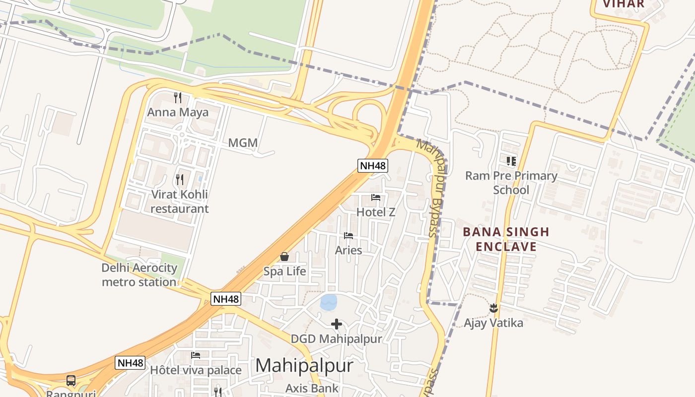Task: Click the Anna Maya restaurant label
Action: [178, 112]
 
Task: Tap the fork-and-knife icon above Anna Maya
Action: [178, 97]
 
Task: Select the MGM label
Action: [243, 143]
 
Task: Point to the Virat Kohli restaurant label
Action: [179, 201]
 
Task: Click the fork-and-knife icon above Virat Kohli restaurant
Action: [180, 179]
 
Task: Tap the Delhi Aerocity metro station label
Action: [139, 275]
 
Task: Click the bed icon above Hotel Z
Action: [376, 198]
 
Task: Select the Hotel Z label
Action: [376, 212]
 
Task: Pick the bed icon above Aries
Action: [348, 236]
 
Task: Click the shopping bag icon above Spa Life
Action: [284, 257]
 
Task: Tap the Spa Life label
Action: [284, 271]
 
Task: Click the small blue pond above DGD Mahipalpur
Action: [329, 302]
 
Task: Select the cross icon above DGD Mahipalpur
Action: [337, 325]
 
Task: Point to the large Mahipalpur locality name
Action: [304, 366]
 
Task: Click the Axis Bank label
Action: [312, 388]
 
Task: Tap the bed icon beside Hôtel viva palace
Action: [196, 355]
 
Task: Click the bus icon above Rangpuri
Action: [71, 381]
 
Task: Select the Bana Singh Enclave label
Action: [506, 239]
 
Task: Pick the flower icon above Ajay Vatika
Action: [493, 308]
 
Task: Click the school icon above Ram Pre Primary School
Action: [511, 161]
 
